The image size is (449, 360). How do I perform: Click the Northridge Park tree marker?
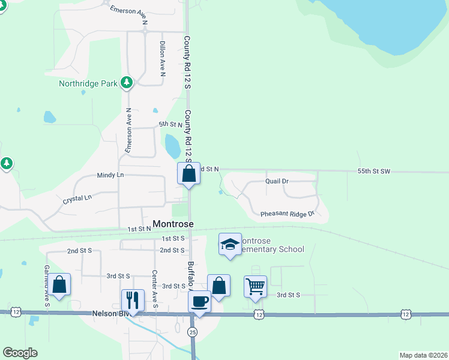click(127, 83)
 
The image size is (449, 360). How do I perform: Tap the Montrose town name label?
click(173, 224)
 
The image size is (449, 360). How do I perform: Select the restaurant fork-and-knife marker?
click(133, 299)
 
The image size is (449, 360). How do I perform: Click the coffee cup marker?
click(199, 301)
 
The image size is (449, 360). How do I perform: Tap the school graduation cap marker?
click(229, 244)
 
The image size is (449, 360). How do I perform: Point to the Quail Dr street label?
click(277, 181)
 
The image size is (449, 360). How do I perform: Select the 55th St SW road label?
click(373, 172)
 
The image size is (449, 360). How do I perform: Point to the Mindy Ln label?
click(110, 175)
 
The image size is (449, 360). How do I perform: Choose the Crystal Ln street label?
click(77, 197)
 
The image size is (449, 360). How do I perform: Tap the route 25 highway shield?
click(192, 331)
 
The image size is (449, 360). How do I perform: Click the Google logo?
click(20, 353)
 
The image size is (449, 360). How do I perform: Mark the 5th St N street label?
click(170, 124)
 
